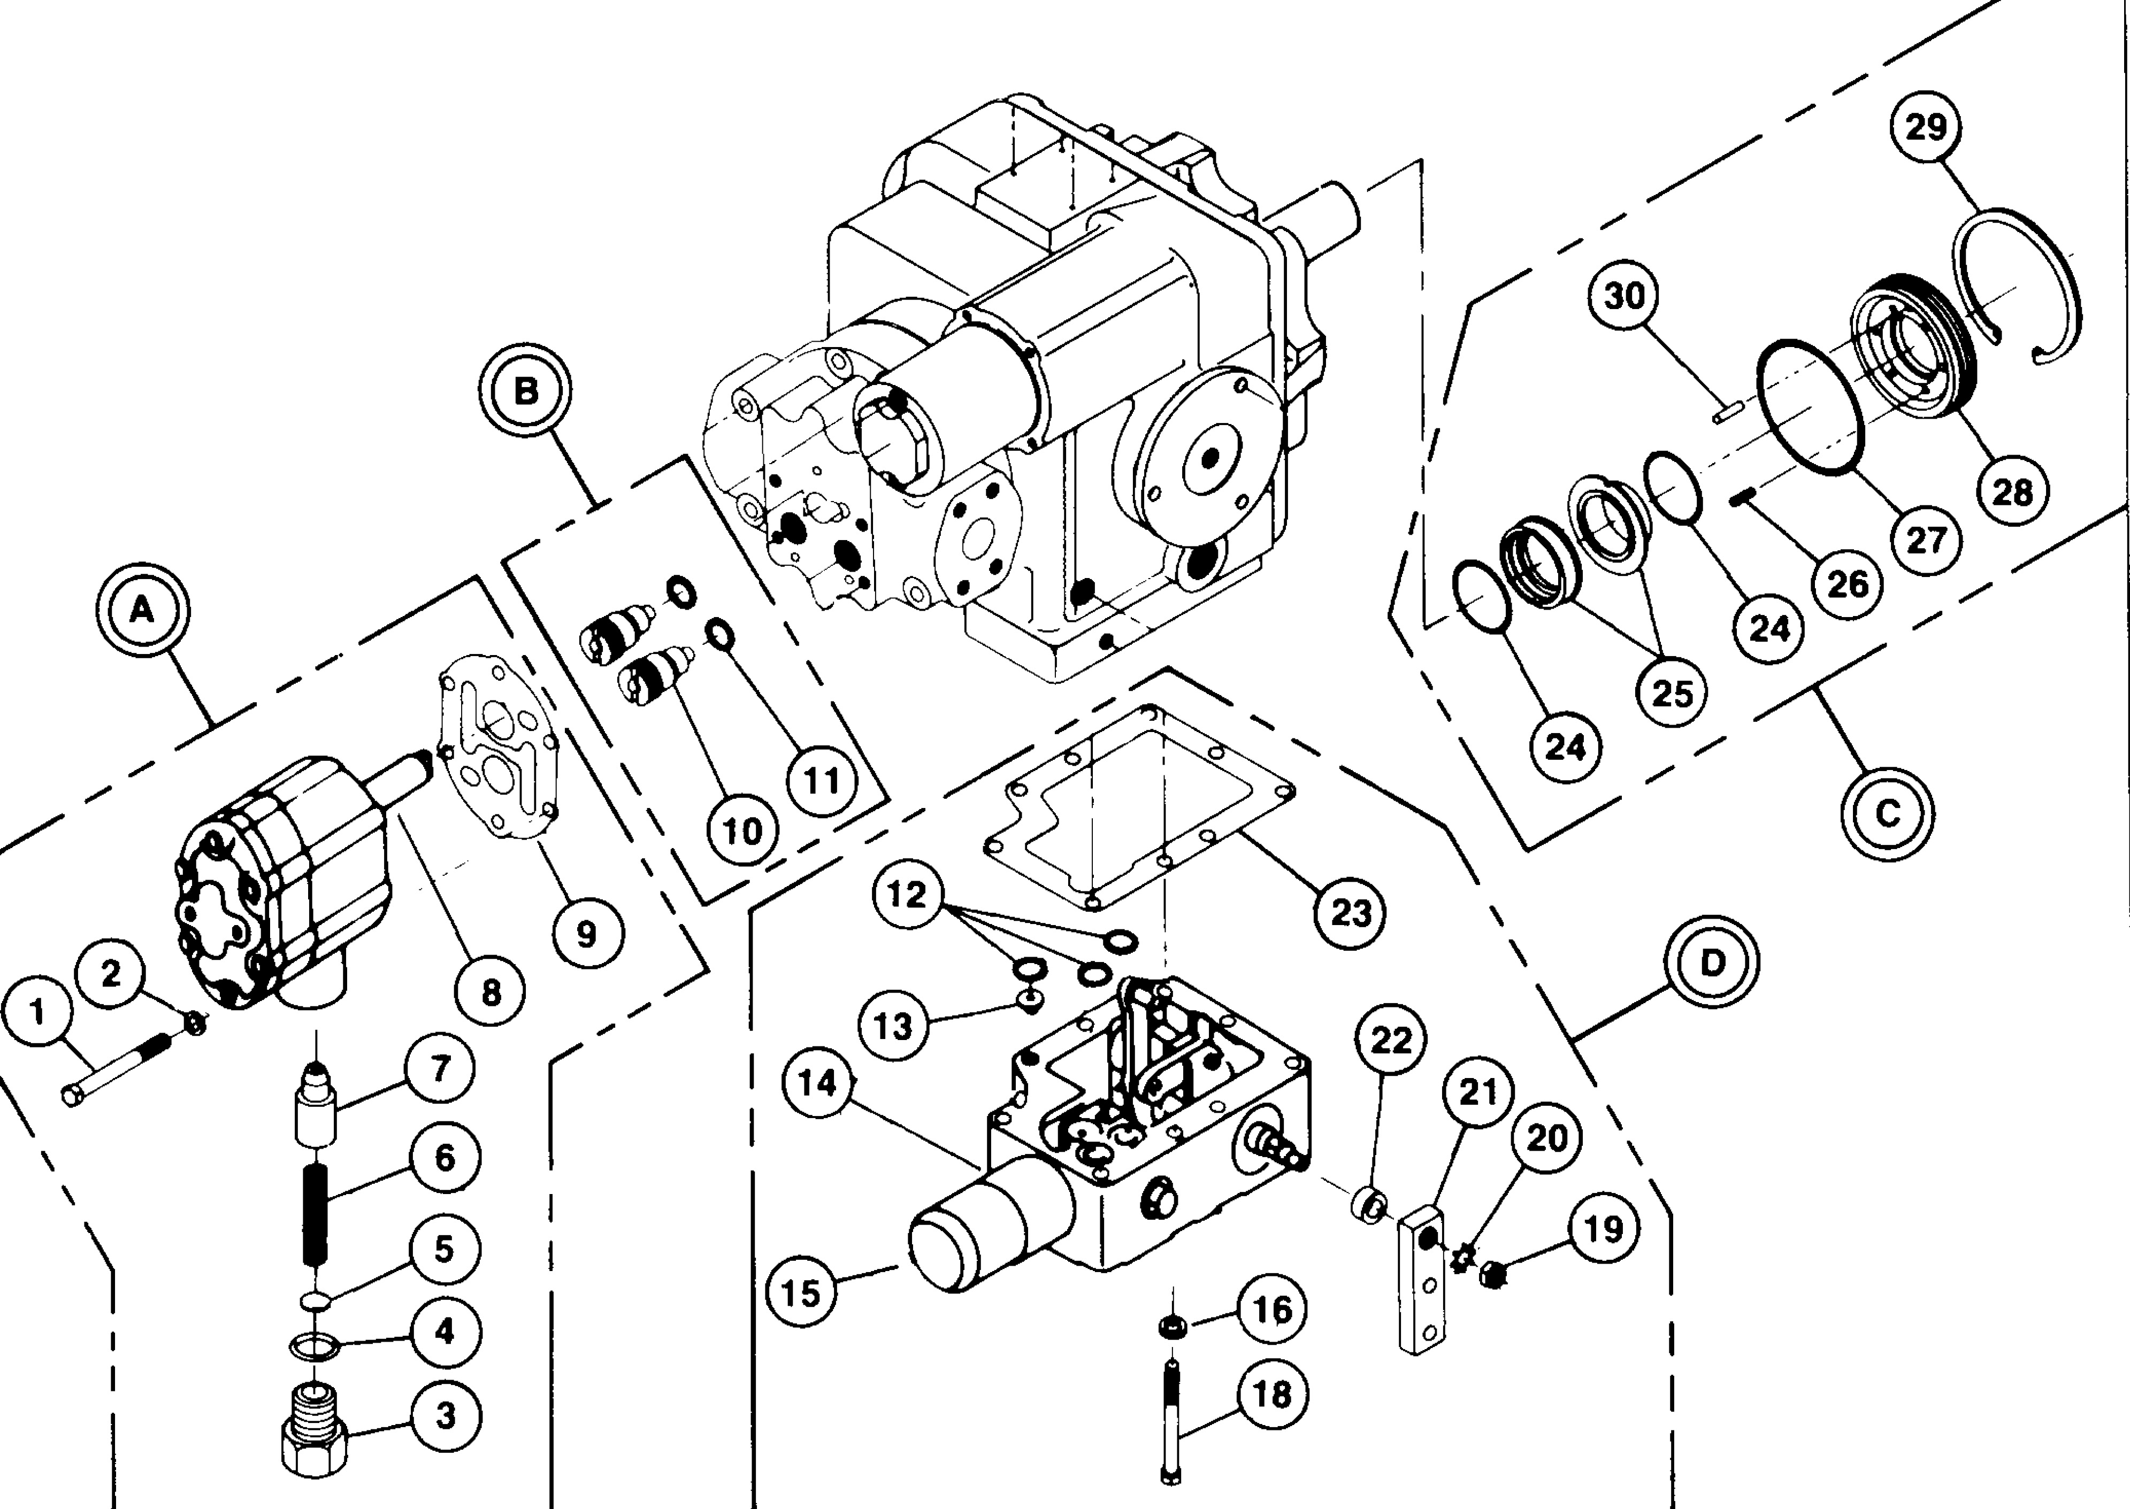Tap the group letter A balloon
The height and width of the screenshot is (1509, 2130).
142,610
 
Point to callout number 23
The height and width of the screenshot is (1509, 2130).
1350,912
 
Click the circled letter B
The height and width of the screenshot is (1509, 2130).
526,391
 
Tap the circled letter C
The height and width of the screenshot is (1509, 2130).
1888,813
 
